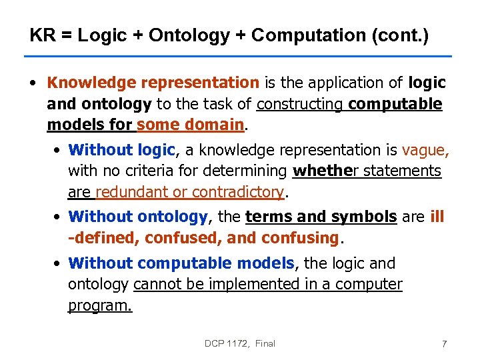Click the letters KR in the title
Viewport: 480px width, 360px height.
(42, 35)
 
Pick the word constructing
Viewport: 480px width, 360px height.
(300, 104)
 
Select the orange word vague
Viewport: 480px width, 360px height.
(425, 150)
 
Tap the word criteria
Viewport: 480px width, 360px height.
(139, 171)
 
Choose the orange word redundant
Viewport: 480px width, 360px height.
(131, 192)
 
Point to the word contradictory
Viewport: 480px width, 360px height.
(237, 192)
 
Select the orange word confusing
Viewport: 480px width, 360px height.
(299, 238)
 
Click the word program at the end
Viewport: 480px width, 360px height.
(99, 305)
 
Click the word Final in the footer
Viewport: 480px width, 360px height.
(265, 343)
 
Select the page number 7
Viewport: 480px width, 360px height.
(444, 344)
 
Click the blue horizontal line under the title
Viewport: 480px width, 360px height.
(240, 57)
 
